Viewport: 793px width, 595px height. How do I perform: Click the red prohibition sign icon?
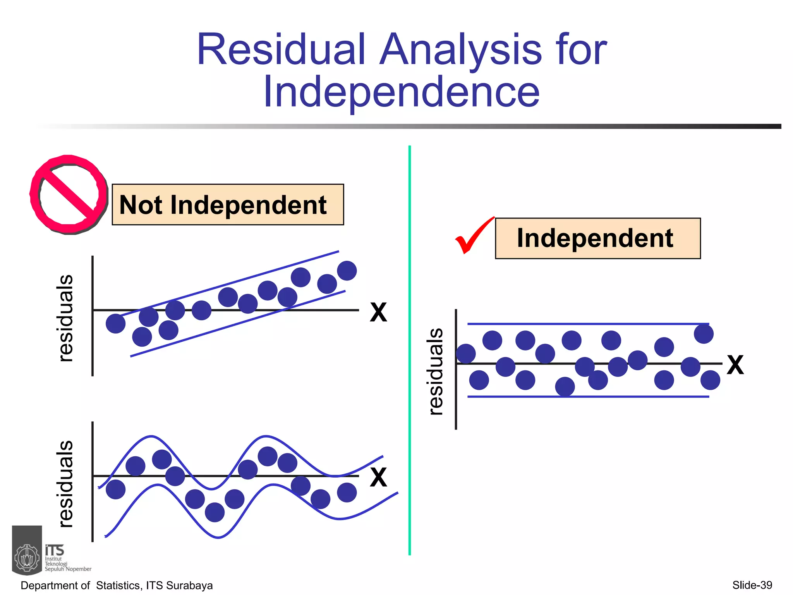(68, 194)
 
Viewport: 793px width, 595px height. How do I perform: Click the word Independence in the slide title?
(401, 92)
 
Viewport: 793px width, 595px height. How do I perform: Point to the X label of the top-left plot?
(378, 312)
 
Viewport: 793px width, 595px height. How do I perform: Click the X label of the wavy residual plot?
(378, 477)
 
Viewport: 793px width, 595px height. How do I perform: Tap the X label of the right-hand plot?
(735, 365)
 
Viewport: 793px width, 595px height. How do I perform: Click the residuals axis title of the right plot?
(436, 371)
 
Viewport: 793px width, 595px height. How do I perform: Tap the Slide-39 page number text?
(752, 585)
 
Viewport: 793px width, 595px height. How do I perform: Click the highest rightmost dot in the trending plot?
(347, 270)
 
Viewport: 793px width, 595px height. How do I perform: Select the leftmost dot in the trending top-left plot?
(115, 323)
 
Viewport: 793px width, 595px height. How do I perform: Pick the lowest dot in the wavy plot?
(215, 512)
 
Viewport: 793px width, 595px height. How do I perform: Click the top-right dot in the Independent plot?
(704, 334)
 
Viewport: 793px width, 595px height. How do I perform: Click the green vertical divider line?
(410, 349)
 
